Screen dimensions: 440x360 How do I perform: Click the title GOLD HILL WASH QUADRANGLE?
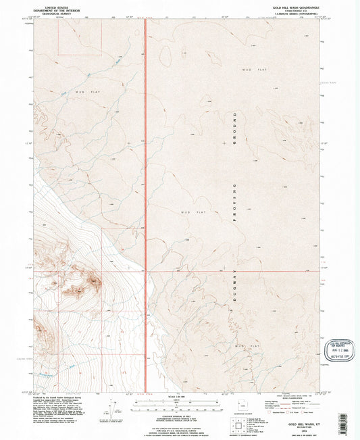(292, 6)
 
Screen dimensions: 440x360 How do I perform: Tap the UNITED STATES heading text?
(57, 5)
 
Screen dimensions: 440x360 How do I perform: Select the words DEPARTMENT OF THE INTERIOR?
(57, 9)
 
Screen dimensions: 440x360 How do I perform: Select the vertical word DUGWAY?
(236, 283)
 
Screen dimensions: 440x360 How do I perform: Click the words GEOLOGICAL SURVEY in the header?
(57, 12)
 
